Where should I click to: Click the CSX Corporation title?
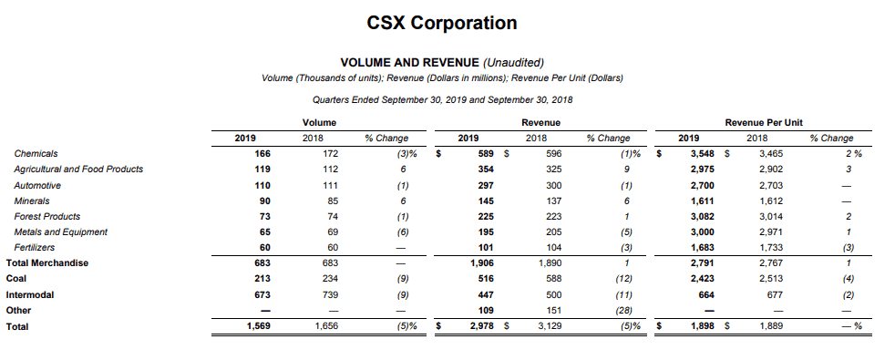(442, 23)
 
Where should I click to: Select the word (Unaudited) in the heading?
(514, 63)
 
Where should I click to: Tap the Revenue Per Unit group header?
(764, 123)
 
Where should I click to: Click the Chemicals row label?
(36, 153)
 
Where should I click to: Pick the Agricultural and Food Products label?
(78, 170)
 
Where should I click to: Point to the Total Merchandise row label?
(47, 263)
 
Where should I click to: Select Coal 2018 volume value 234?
(330, 279)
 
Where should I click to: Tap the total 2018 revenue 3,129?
(550, 326)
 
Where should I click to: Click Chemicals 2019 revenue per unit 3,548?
(702, 153)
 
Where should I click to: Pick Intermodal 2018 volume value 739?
(330, 295)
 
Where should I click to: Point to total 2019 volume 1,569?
(259, 326)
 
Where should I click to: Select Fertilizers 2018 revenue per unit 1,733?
(771, 248)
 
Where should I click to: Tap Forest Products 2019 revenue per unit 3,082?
(702, 217)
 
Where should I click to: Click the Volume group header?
(320, 123)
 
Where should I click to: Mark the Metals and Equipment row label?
(60, 232)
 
